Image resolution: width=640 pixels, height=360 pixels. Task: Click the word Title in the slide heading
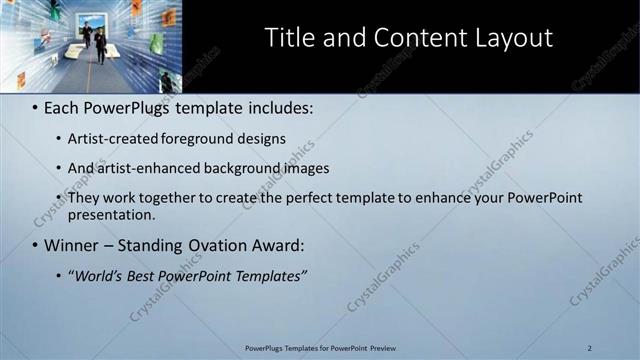coord(288,38)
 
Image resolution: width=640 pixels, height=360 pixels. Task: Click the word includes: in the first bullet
coord(280,107)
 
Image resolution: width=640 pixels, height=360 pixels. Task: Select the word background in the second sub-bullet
coord(245,168)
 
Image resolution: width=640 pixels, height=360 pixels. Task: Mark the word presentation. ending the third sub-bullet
coord(112,214)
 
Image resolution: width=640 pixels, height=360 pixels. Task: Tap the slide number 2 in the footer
coord(590,348)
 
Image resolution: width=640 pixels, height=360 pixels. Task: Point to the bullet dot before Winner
coord(35,245)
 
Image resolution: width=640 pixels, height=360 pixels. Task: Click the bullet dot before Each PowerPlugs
coord(35,107)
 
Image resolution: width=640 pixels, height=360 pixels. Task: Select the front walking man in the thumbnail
coord(100,46)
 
